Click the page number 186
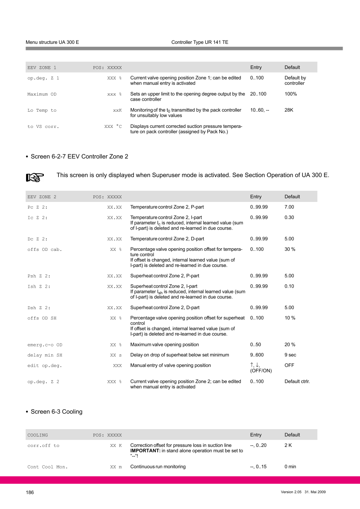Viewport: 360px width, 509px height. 29,492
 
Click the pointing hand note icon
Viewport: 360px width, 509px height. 35,177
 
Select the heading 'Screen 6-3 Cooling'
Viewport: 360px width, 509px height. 56,411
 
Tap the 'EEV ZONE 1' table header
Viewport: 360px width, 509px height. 42,67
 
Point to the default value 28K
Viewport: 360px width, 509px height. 289,110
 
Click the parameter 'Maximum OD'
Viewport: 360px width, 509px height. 42,94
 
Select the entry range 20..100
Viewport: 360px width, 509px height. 258,94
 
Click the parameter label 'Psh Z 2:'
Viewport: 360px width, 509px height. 39,276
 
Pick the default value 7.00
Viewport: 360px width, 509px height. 289,207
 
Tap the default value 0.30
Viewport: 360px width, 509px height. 289,218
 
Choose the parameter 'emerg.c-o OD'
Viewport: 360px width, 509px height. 45,345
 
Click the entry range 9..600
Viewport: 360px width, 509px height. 257,355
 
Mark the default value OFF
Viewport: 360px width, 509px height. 289,365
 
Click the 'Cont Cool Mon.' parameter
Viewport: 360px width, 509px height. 48,467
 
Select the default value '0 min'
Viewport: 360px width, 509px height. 290,467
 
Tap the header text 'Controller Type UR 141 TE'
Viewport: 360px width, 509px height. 199,42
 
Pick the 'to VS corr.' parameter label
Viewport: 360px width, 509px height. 43,127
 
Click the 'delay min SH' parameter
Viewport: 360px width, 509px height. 45,355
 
